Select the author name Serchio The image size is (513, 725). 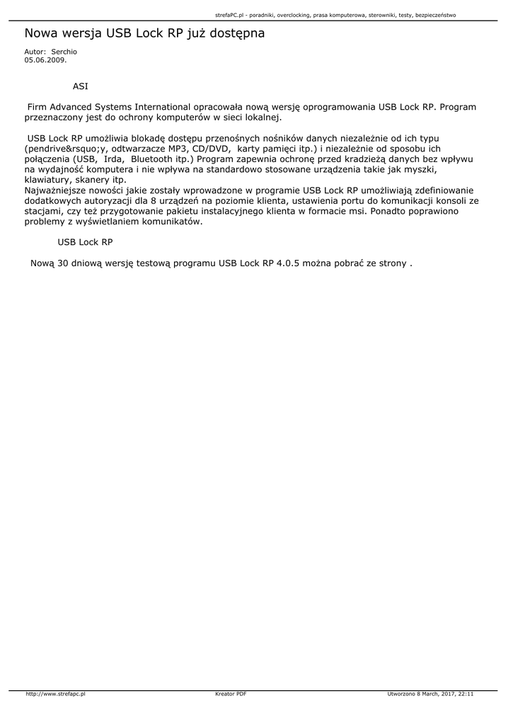(64, 52)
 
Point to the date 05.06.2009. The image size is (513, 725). (45, 60)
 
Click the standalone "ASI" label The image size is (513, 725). (81, 86)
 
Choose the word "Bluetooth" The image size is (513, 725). (151, 159)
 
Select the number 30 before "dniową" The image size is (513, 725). (62, 263)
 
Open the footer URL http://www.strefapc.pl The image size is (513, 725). (55, 695)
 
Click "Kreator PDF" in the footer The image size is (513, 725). (231, 695)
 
